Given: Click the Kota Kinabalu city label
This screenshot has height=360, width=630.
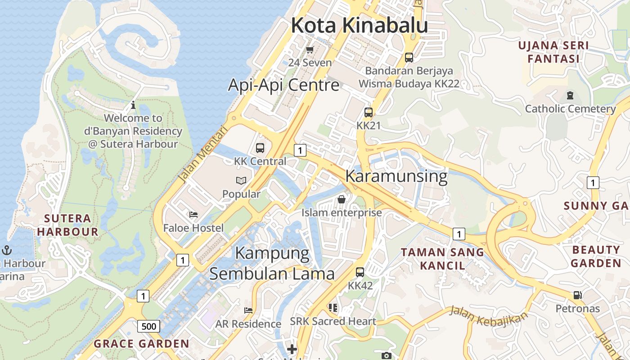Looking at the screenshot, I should tap(359, 26).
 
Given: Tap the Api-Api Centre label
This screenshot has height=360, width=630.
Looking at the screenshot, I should tap(283, 85).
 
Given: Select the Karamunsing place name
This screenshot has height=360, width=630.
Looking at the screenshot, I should tap(396, 176).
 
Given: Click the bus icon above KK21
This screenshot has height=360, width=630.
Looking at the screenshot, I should tap(369, 112).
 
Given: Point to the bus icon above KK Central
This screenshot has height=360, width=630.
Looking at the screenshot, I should tap(260, 148).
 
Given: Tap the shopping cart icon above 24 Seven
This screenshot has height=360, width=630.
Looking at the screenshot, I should tap(310, 49).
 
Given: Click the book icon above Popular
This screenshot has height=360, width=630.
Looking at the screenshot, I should tap(241, 180).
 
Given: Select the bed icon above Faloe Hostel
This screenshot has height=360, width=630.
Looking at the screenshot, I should tap(193, 214).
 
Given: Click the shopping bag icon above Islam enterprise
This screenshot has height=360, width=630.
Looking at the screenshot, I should tap(342, 199).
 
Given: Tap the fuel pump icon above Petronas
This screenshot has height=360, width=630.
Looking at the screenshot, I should tap(577, 295).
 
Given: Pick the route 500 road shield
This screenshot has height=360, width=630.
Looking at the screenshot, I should tap(148, 326).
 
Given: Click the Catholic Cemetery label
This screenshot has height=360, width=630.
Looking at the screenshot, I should tap(570, 108).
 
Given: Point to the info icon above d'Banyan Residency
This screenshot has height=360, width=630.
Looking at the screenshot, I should tap(133, 105).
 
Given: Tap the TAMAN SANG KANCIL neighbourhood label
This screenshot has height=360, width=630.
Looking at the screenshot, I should tap(442, 259).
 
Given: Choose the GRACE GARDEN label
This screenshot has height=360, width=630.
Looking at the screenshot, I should tap(141, 344).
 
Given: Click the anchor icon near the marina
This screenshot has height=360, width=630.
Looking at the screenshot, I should tap(7, 250).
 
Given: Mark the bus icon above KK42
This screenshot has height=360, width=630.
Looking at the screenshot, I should tap(360, 272).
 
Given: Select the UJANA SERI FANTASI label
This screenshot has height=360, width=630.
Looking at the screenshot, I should tap(553, 52).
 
